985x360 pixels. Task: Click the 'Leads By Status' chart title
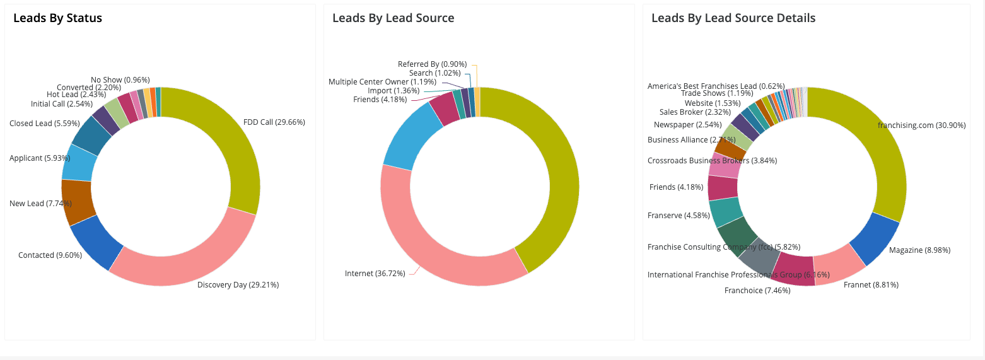click(x=57, y=18)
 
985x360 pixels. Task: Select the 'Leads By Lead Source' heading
click(x=393, y=18)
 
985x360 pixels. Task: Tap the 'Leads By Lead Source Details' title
click(x=733, y=18)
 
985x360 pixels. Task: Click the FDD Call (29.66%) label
click(x=274, y=122)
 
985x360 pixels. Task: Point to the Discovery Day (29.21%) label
click(x=238, y=285)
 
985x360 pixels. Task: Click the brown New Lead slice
click(x=77, y=202)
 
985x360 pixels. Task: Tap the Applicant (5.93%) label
click(x=40, y=158)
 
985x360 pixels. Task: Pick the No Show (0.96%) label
click(x=120, y=80)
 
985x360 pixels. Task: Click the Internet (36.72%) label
click(x=375, y=274)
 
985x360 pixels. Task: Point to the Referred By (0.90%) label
click(x=432, y=64)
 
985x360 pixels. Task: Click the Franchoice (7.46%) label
click(x=757, y=291)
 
